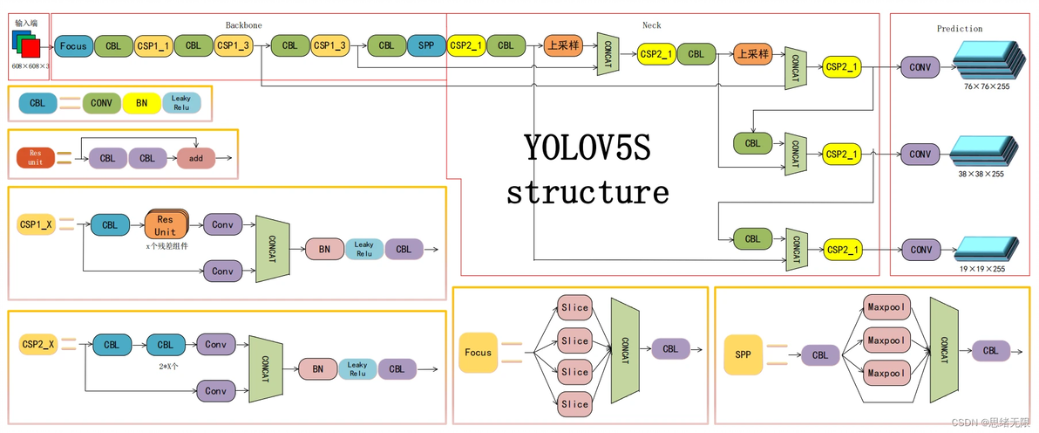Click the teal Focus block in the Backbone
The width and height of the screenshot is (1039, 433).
point(73,45)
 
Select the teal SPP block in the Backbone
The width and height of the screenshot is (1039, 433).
point(426,45)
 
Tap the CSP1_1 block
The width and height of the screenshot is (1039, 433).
point(153,45)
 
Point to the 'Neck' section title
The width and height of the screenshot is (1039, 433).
point(652,26)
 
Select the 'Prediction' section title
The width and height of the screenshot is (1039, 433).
point(960,29)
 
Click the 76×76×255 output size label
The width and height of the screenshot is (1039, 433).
point(986,87)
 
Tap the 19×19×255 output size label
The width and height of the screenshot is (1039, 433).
point(983,269)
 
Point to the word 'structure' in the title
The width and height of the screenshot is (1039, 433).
point(587,191)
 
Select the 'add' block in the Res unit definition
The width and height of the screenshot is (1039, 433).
point(195,159)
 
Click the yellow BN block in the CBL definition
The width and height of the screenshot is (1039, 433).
point(141,103)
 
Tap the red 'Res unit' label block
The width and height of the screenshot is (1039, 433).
point(35,157)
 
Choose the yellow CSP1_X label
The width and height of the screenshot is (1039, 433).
point(37,225)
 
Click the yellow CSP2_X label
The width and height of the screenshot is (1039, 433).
point(38,345)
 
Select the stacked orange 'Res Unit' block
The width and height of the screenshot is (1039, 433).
point(166,225)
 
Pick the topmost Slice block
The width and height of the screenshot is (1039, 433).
point(575,307)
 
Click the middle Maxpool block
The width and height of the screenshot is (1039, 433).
point(888,340)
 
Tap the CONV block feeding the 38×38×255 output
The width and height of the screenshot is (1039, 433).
point(920,155)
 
